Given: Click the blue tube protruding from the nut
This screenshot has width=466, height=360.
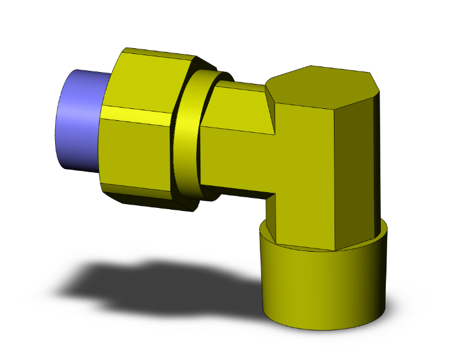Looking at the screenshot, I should [x=78, y=122].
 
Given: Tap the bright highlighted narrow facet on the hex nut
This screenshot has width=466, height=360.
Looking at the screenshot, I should [x=135, y=115].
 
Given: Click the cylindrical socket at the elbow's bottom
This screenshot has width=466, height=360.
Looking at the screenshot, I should [x=323, y=285].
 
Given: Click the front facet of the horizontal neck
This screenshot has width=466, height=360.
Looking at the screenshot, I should [x=238, y=157].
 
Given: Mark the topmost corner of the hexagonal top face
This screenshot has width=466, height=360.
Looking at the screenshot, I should [x=309, y=66].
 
